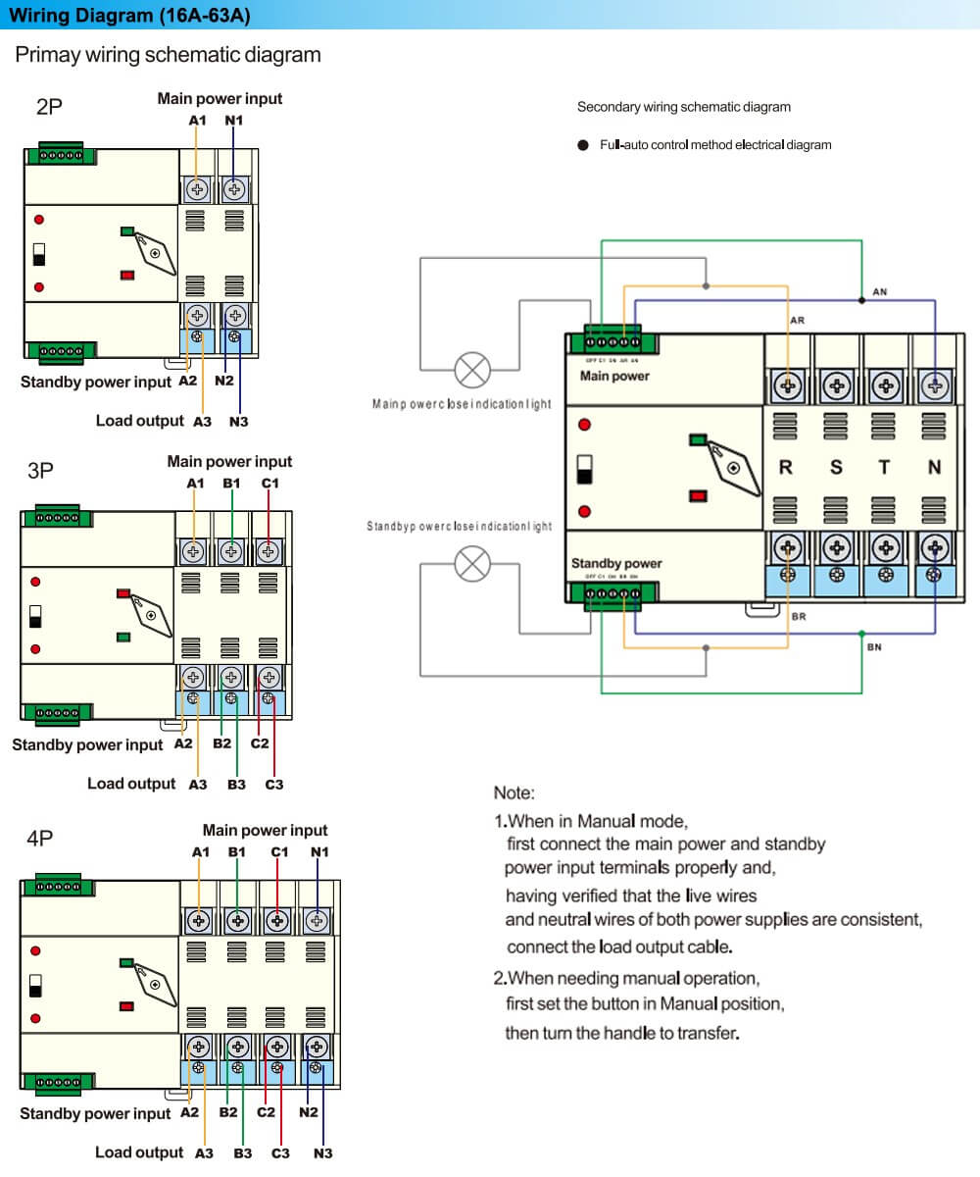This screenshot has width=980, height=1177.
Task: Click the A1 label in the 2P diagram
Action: pos(197,120)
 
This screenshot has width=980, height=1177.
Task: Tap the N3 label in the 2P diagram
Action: pos(239,422)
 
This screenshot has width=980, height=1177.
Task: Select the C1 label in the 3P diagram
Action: pos(270,483)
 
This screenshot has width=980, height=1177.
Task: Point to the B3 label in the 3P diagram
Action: pos(236,785)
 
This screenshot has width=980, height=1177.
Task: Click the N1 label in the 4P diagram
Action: pos(319,851)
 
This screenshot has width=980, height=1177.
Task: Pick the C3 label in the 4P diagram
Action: pos(280,1153)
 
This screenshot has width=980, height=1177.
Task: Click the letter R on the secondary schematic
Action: pos(785,468)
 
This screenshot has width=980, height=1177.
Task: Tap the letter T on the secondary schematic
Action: pos(884,468)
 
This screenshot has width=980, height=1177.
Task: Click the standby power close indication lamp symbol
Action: pos(474,564)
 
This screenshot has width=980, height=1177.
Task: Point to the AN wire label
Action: pos(879,292)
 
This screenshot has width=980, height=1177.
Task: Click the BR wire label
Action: pos(798,617)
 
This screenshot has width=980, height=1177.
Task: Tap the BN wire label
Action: pos(874,647)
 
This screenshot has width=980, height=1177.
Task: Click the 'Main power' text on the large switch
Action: pos(614,376)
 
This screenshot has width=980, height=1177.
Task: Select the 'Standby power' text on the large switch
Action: pos(616,563)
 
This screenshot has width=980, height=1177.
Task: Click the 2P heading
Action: pos(49,107)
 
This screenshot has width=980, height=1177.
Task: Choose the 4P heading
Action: pos(40,839)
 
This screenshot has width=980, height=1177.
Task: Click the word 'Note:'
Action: pos(514,793)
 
